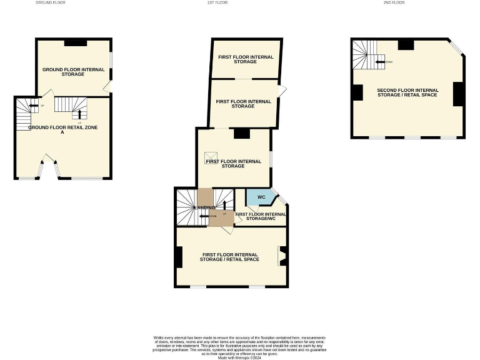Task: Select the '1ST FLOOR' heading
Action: [217, 2]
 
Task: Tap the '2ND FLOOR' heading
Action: [394, 2]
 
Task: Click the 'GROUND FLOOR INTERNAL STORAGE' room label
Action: [73, 71]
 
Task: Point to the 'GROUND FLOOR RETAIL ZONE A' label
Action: [62, 129]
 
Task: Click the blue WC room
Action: [261, 197]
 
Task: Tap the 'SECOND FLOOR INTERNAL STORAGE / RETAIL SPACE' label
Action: [407, 92]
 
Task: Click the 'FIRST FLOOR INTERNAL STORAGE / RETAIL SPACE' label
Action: [229, 257]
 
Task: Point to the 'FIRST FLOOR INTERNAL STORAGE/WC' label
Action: [261, 216]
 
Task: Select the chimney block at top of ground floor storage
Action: [76, 42]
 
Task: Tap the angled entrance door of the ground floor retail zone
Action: [49, 160]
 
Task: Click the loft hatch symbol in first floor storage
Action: [211, 156]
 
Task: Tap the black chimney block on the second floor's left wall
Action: [357, 92]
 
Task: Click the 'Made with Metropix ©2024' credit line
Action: [240, 357]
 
